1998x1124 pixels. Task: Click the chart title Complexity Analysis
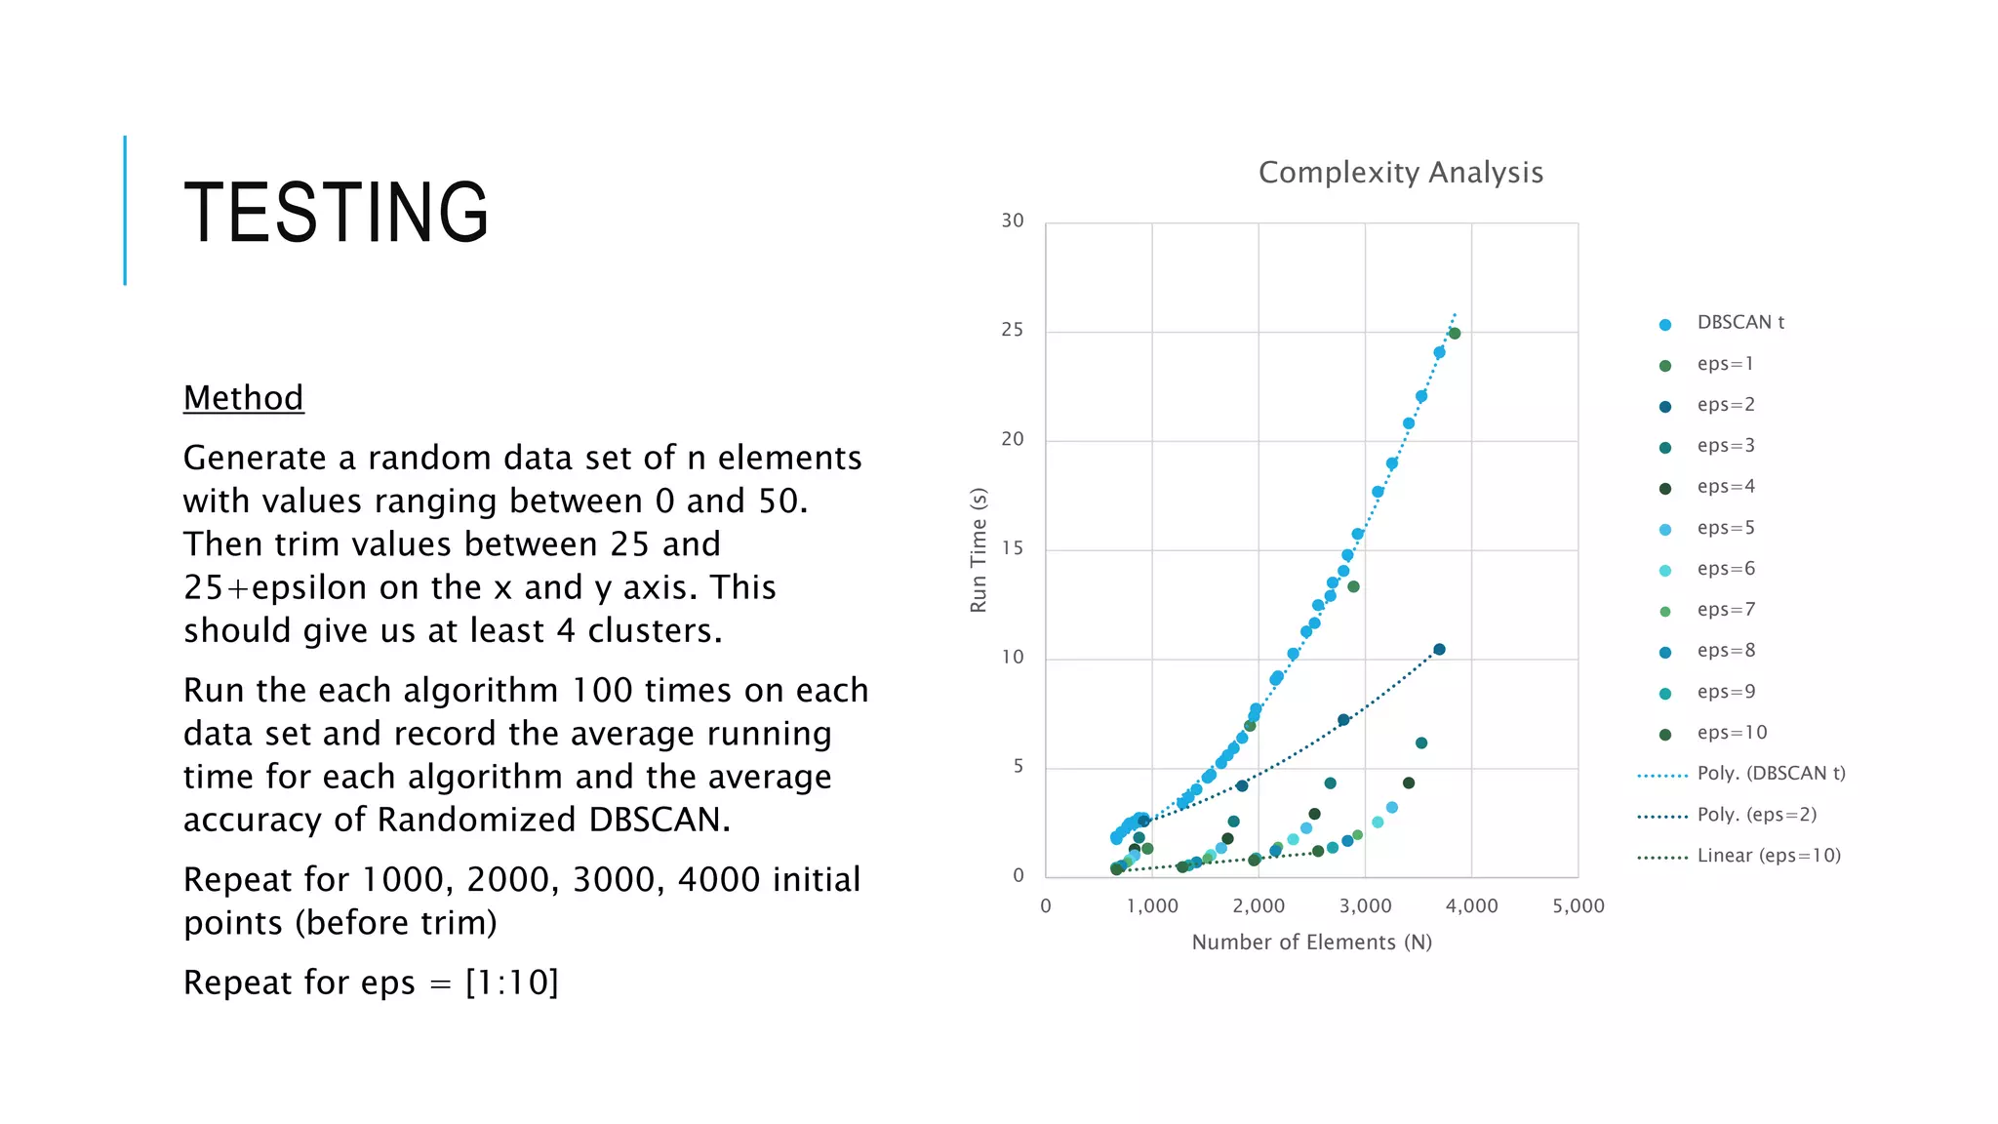1400,173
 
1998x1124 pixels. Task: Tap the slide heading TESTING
336,213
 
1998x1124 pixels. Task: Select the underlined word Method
243,398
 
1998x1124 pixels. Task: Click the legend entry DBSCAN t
1739,323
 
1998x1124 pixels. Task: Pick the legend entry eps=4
1725,487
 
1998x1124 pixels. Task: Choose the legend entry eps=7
1725,610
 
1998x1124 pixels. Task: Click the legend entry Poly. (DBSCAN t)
1771,774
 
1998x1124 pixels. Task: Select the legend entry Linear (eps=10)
1768,856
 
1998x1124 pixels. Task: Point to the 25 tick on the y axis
1013,330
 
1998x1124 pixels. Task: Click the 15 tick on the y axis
1013,548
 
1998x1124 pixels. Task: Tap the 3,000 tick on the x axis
1365,906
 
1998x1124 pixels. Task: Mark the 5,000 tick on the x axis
1578,906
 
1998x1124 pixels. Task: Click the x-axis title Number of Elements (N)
1311,943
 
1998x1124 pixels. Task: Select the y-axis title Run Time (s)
979,550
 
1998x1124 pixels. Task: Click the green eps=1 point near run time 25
1455,334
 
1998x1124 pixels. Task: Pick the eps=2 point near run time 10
1439,650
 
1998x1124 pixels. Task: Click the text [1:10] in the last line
512,983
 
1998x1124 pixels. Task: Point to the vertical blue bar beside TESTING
125,210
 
